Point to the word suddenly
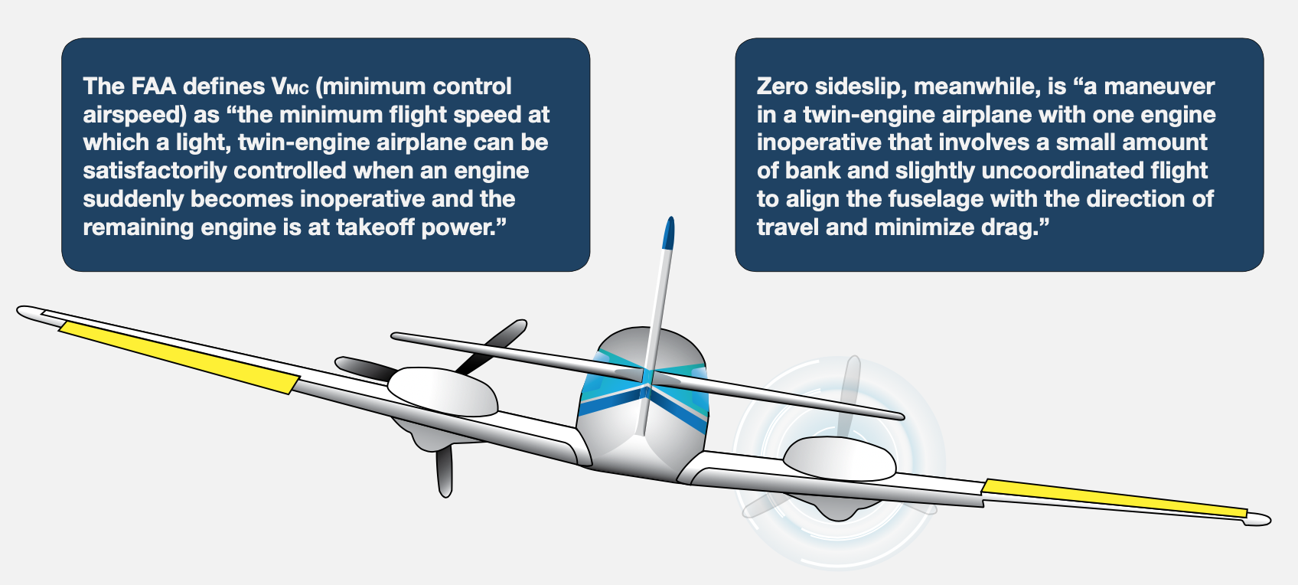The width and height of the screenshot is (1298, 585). click(133, 199)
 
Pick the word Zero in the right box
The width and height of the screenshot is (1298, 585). click(782, 87)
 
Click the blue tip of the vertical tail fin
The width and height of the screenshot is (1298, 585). click(668, 233)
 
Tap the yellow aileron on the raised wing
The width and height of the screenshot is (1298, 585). click(179, 357)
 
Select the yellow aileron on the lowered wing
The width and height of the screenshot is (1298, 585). click(1114, 498)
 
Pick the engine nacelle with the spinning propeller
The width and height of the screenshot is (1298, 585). click(840, 459)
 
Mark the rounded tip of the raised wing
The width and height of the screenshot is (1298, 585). click(30, 313)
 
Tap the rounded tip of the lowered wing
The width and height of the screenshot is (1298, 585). click(1257, 519)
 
